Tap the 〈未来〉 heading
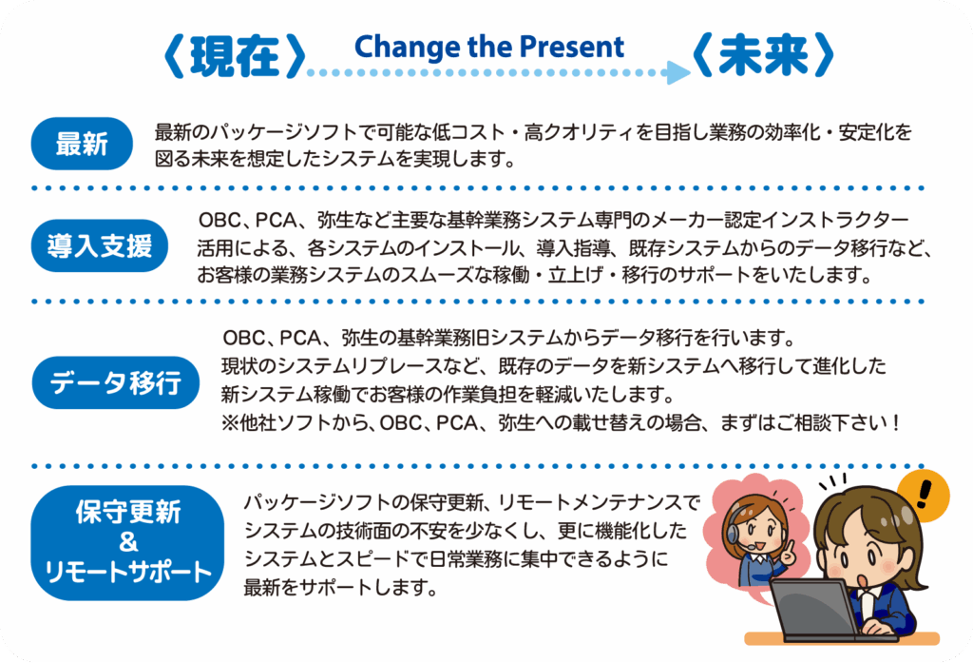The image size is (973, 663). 763,54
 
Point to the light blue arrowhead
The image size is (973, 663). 678,72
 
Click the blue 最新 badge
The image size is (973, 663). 82,144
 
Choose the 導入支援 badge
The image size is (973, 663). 99,245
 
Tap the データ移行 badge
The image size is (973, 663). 115,382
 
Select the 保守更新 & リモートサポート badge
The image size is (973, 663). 127,542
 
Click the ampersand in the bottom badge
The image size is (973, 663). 128,542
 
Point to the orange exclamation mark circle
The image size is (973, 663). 924,496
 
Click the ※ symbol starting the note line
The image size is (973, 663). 230,423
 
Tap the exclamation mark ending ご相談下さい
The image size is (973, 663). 894,423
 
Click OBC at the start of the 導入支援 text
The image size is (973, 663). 219,220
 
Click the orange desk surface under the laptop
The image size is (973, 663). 842,639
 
